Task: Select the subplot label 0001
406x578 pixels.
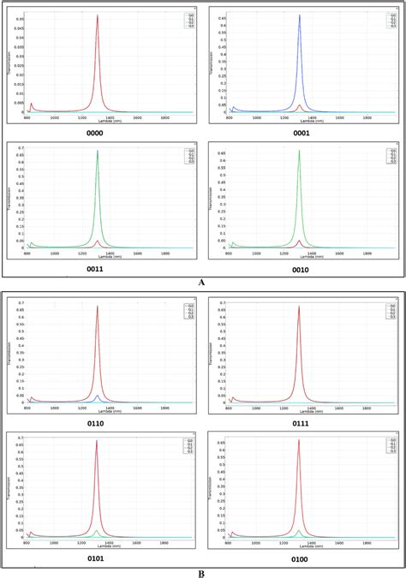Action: pyautogui.click(x=302, y=133)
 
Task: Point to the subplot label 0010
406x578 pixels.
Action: pyautogui.click(x=302, y=268)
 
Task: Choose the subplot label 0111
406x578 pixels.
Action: pyautogui.click(x=302, y=423)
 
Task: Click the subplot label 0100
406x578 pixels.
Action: pyautogui.click(x=302, y=557)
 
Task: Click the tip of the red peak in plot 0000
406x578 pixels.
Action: pyautogui.click(x=98, y=15)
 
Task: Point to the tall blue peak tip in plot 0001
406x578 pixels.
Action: pyautogui.click(x=299, y=15)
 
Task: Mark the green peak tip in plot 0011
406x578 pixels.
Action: pyautogui.click(x=98, y=151)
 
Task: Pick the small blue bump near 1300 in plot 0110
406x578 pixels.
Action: pyautogui.click(x=98, y=396)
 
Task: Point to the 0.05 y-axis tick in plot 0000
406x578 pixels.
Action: pyautogui.click(x=20, y=18)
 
